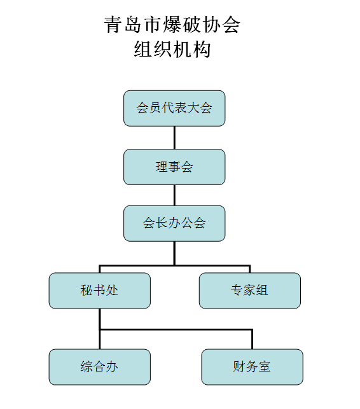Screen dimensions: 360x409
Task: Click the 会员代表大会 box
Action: tap(174, 108)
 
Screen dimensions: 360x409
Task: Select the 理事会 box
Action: tap(174, 167)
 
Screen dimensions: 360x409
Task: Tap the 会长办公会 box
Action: tap(174, 223)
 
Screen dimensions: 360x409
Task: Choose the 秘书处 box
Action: tap(100, 291)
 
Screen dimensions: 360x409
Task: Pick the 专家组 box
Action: tap(250, 291)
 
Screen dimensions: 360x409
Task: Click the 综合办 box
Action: tap(100, 367)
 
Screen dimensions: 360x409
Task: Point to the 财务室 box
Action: tap(253, 367)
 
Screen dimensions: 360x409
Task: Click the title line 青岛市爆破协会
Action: tap(172, 25)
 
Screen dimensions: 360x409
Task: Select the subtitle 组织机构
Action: tap(172, 50)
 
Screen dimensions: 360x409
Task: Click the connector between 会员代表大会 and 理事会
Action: tap(174, 138)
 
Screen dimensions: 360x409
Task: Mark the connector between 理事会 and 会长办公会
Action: tap(174, 195)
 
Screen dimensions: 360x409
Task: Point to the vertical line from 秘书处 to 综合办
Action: tap(100, 329)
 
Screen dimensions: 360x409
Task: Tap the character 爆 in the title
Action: tap(172, 25)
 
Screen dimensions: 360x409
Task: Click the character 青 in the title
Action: tap(113, 25)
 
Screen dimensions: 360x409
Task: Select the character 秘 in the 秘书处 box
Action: tap(87, 290)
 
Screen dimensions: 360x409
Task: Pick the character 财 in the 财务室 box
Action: tap(239, 366)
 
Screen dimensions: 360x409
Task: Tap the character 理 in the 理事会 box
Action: tap(162, 167)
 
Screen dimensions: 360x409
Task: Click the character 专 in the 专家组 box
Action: tap(237, 290)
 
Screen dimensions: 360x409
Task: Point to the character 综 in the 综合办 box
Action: tap(87, 366)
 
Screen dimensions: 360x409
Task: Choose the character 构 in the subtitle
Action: tap(202, 50)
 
